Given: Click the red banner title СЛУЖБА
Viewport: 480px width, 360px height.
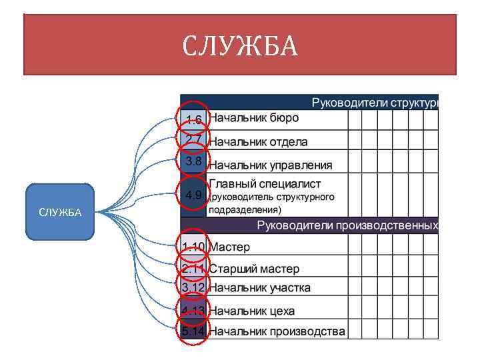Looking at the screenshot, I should [x=240, y=46].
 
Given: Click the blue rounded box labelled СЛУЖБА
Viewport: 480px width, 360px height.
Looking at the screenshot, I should [x=60, y=212].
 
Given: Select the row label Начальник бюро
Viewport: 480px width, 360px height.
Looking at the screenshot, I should [x=254, y=118].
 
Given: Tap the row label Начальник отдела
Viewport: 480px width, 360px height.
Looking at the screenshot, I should [x=259, y=141].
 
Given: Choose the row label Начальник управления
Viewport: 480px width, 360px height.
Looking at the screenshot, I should [x=270, y=165].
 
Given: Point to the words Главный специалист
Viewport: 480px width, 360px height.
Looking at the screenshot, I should [x=265, y=183].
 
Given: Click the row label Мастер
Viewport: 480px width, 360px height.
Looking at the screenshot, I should [x=230, y=247].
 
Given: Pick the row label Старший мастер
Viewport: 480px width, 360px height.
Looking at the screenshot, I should [x=254, y=269].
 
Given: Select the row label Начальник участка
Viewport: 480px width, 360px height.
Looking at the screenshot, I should [x=259, y=287].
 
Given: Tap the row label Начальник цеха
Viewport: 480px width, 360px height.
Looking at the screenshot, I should [x=251, y=311].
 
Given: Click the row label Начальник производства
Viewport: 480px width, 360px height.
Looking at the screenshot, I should [x=277, y=331].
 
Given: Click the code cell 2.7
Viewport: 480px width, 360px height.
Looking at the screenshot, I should [x=194, y=139].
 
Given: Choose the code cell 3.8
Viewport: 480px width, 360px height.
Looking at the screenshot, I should [x=194, y=161].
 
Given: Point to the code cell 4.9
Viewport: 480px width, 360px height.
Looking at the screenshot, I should [x=194, y=195].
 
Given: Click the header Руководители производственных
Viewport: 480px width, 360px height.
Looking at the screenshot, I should [x=347, y=225].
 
